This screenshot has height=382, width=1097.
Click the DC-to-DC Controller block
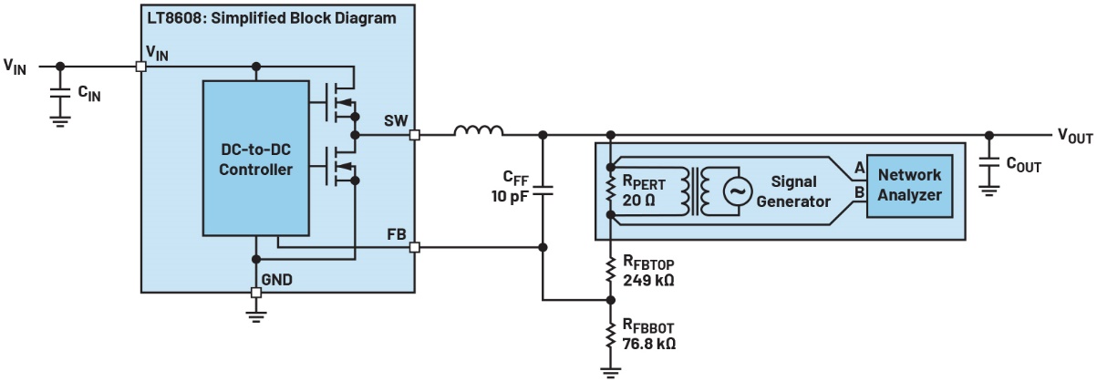pyautogui.click(x=256, y=160)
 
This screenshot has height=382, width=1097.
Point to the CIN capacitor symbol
pyautogui.click(x=60, y=93)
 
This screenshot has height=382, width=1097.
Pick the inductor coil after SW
pyautogui.click(x=479, y=133)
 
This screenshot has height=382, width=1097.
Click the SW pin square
pyautogui.click(x=415, y=135)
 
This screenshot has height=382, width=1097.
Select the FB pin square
pyautogui.click(x=415, y=246)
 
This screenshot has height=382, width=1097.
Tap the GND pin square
pyautogui.click(x=256, y=293)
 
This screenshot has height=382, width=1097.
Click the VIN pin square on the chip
pyautogui.click(x=141, y=66)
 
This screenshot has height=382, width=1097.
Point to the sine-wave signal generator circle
pyautogui.click(x=735, y=190)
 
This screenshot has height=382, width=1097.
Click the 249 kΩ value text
pyautogui.click(x=648, y=281)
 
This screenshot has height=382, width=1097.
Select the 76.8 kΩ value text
pyautogui.click(x=649, y=345)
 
